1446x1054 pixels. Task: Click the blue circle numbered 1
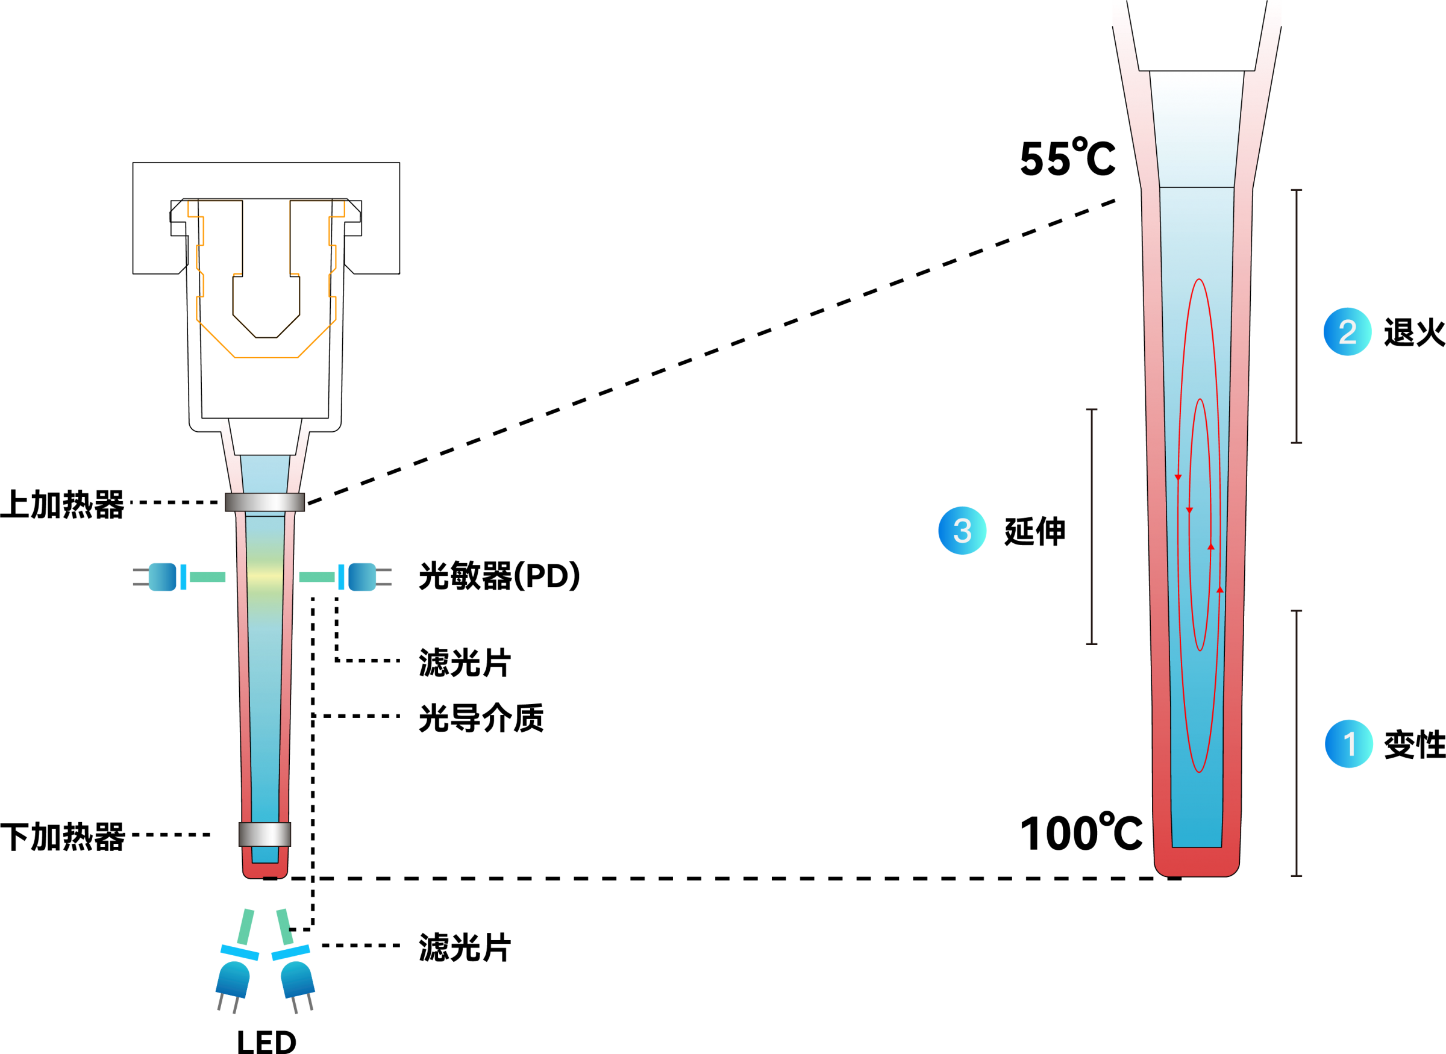(1349, 744)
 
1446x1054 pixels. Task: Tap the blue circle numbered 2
(1348, 332)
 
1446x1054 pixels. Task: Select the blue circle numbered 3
(962, 530)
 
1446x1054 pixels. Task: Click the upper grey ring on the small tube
(265, 502)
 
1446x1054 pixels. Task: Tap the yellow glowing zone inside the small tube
(265, 576)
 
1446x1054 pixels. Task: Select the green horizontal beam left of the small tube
(207, 578)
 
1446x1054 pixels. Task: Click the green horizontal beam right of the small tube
(317, 578)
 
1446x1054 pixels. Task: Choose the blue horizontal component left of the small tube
(163, 577)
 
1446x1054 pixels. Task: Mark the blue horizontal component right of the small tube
(362, 577)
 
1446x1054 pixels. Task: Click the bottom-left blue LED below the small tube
(233, 979)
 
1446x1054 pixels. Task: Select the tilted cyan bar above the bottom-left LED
(240, 952)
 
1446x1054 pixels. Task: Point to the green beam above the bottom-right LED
(284, 927)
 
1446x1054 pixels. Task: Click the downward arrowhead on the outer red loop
(1178, 477)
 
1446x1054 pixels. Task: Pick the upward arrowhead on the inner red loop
(1210, 547)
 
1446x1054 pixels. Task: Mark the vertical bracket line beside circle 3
(1092, 526)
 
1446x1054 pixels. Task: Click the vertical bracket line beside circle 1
(1297, 743)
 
